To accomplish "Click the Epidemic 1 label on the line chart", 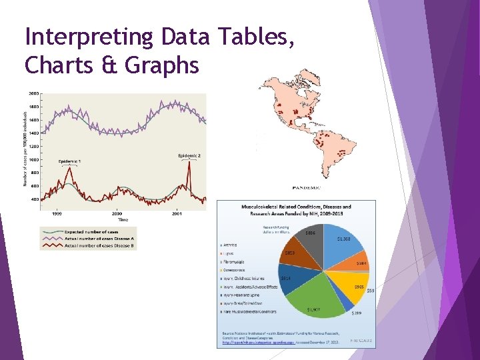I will tap(70, 162).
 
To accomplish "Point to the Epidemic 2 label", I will tap(189, 155).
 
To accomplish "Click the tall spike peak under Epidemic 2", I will tap(189, 165).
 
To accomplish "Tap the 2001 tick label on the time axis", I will tap(177, 213).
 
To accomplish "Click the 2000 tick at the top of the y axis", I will tap(33, 94).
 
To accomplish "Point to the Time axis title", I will tap(123, 219).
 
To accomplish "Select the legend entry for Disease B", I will tap(99, 245).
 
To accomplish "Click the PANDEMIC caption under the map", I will tap(307, 188).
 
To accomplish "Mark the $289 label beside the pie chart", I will tap(357, 313).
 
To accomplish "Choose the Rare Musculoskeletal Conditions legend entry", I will tap(251, 311).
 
